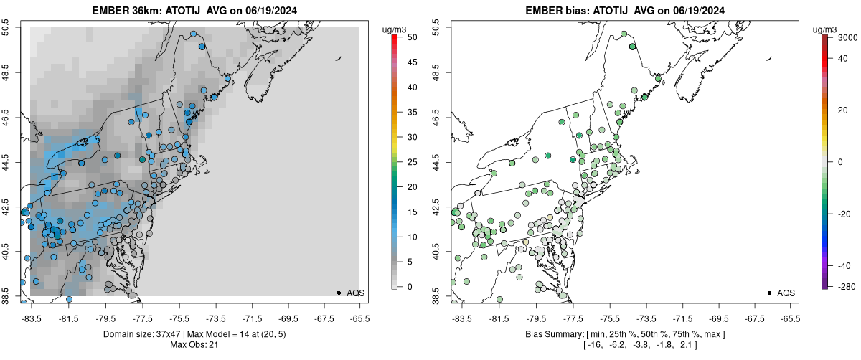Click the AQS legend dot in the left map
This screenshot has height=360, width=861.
(338, 293)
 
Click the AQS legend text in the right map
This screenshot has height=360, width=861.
(786, 293)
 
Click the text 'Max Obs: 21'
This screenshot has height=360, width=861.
(194, 345)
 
